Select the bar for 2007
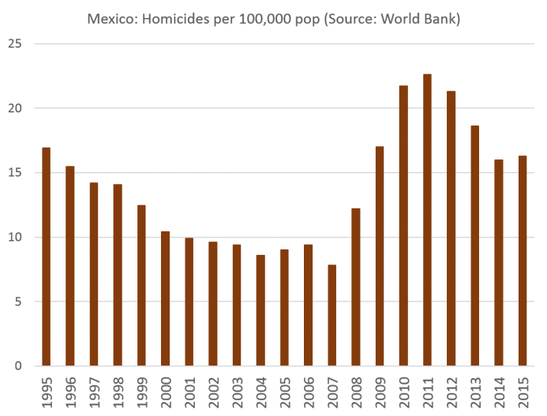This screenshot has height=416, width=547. (332, 315)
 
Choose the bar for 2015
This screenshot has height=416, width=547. (523, 260)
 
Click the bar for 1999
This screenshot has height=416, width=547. (141, 285)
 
